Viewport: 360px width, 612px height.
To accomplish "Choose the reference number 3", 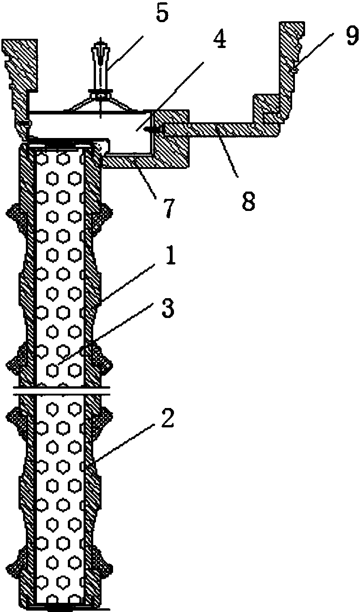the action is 167,310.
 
